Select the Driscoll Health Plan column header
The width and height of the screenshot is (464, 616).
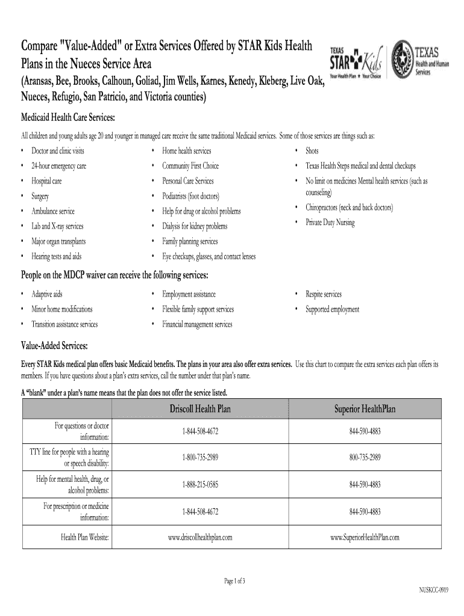pos(200,410)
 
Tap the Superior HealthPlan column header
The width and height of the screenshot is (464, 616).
pos(365,410)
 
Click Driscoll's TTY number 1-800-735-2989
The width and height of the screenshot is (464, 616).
pos(200,458)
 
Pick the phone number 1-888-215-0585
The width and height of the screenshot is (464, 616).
pos(200,484)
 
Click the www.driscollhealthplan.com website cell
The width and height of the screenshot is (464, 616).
pos(200,537)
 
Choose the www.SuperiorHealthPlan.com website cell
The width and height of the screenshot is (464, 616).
pos(365,537)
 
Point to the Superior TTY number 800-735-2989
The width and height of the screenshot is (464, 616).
pos(365,458)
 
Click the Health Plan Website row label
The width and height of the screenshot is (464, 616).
pos(84,537)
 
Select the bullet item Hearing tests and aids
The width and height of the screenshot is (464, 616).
pos(56,256)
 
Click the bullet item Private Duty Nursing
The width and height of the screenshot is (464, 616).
pos(330,223)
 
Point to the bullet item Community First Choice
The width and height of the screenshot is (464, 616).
pos(190,166)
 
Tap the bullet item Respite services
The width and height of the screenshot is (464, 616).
pos(323,294)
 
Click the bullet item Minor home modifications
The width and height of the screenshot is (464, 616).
pos(62,309)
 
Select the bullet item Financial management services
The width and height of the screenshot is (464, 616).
pos(197,324)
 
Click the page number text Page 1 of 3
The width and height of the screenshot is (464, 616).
pos(234,581)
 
